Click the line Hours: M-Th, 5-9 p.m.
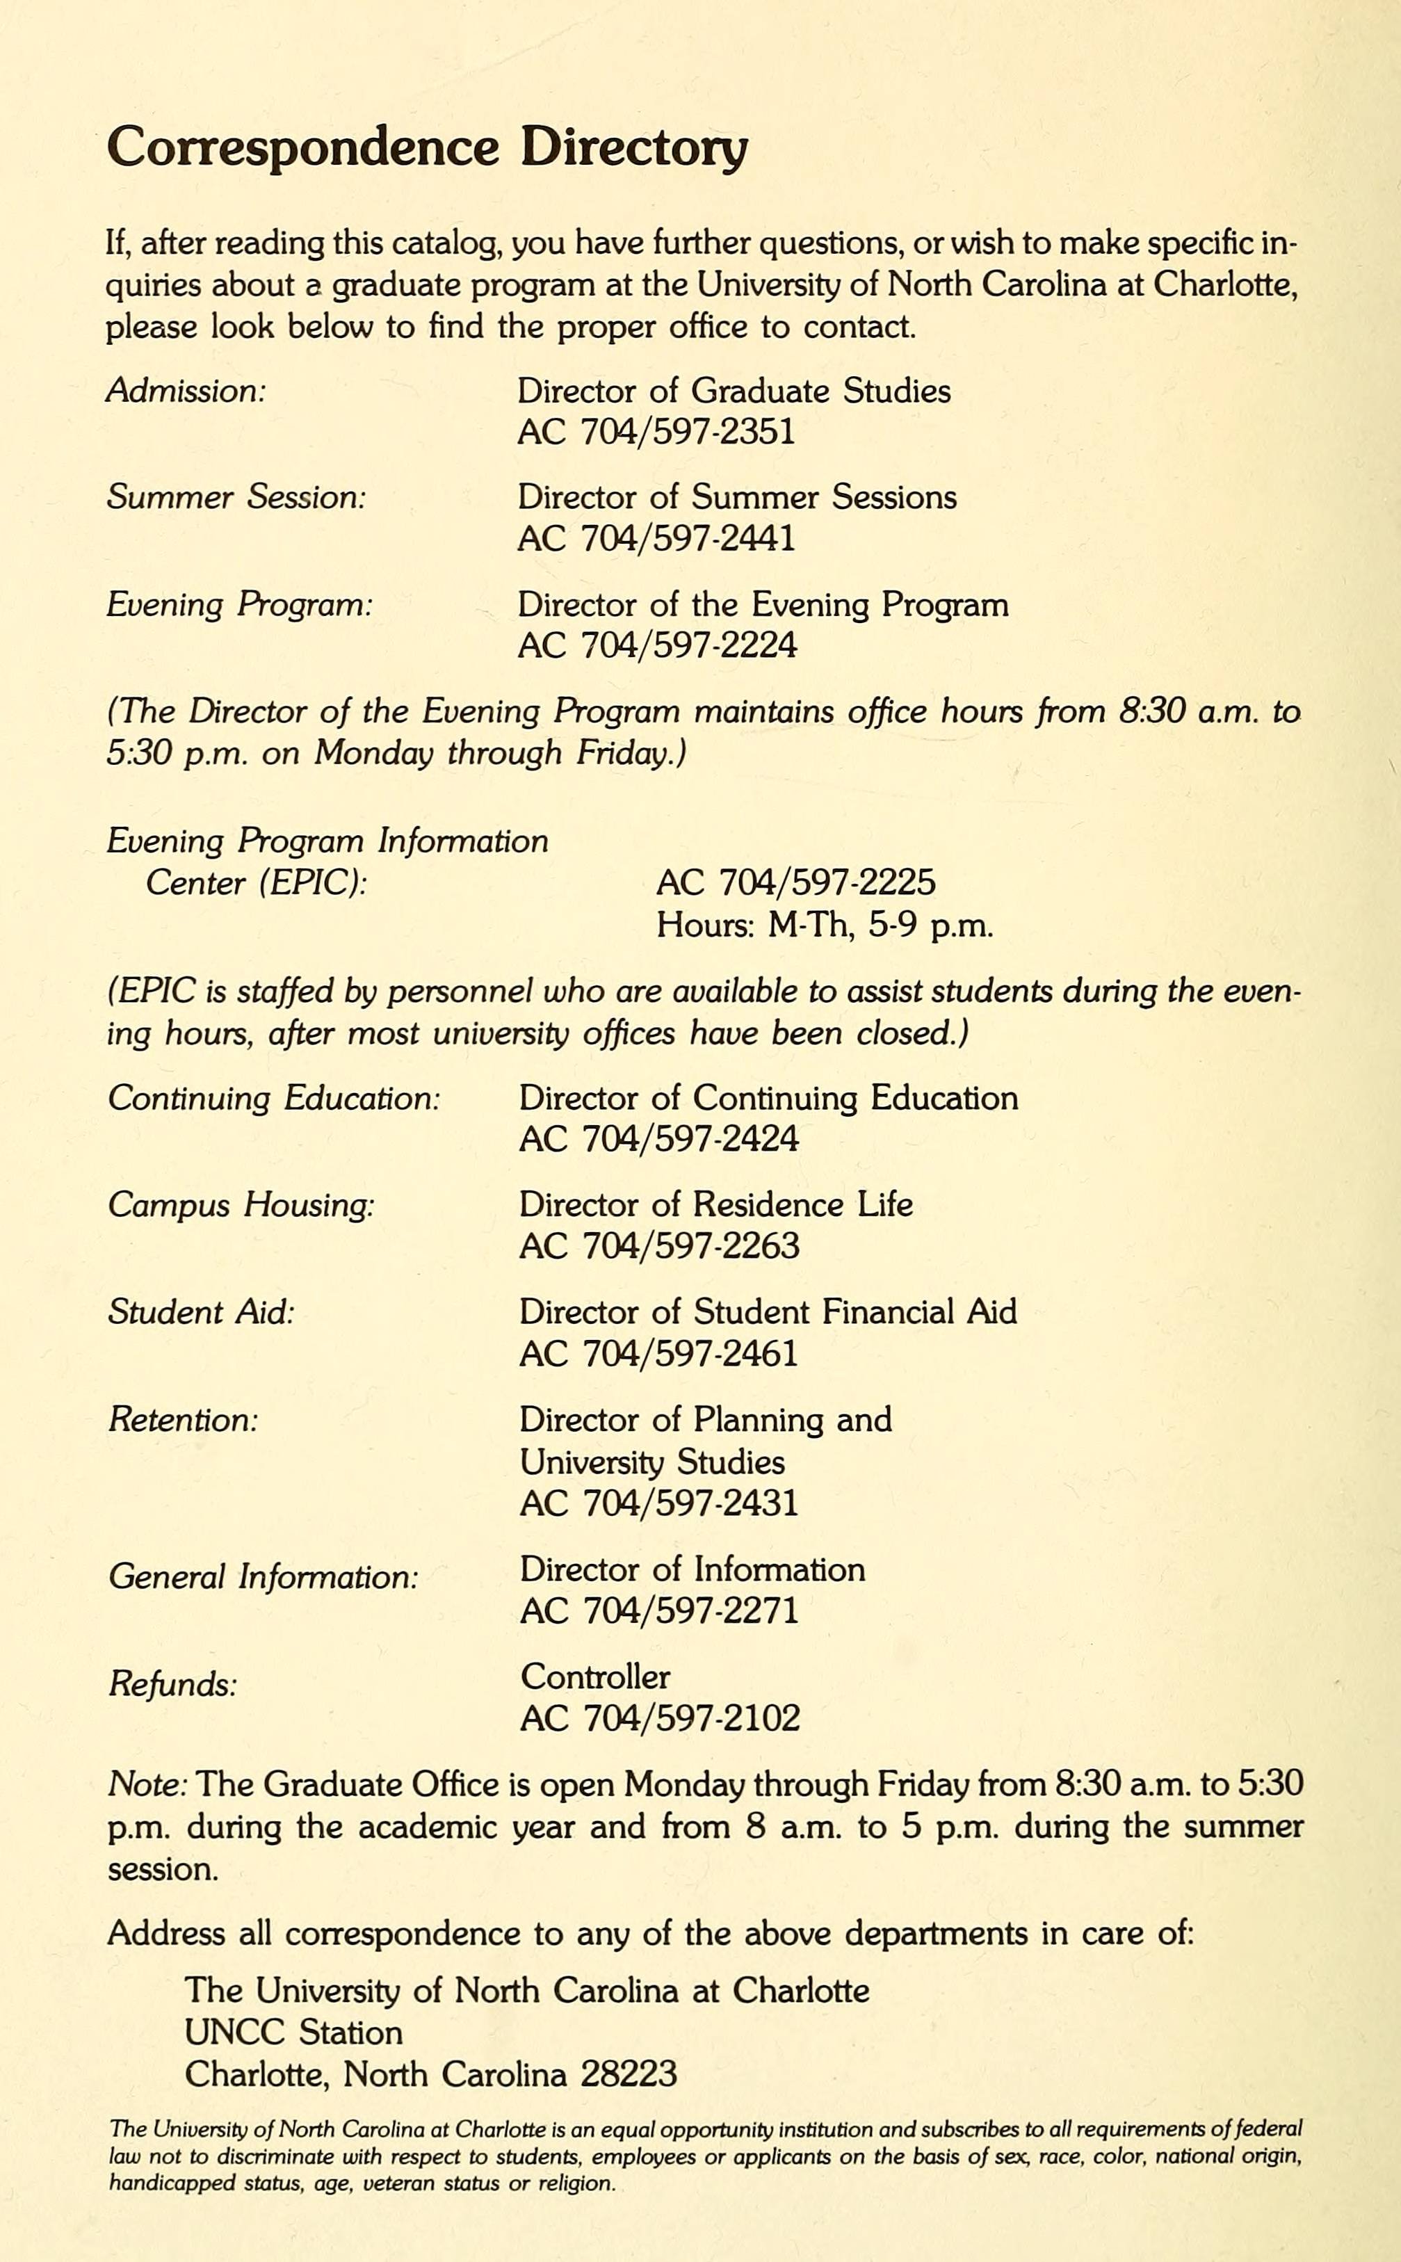tap(824, 925)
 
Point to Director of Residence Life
tap(715, 1204)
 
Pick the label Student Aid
tap(201, 1312)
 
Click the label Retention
tap(183, 1420)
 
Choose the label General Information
tap(263, 1576)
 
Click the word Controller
tap(595, 1677)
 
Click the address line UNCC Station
tap(293, 2033)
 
